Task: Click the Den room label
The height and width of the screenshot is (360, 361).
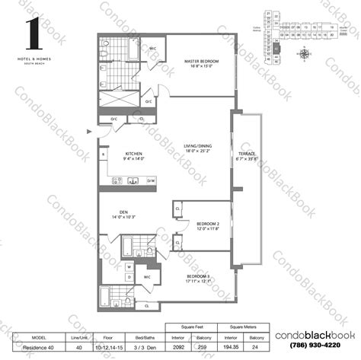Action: point(123,213)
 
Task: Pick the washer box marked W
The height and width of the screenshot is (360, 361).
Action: point(129,267)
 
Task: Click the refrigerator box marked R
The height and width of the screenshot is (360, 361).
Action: point(103,154)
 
